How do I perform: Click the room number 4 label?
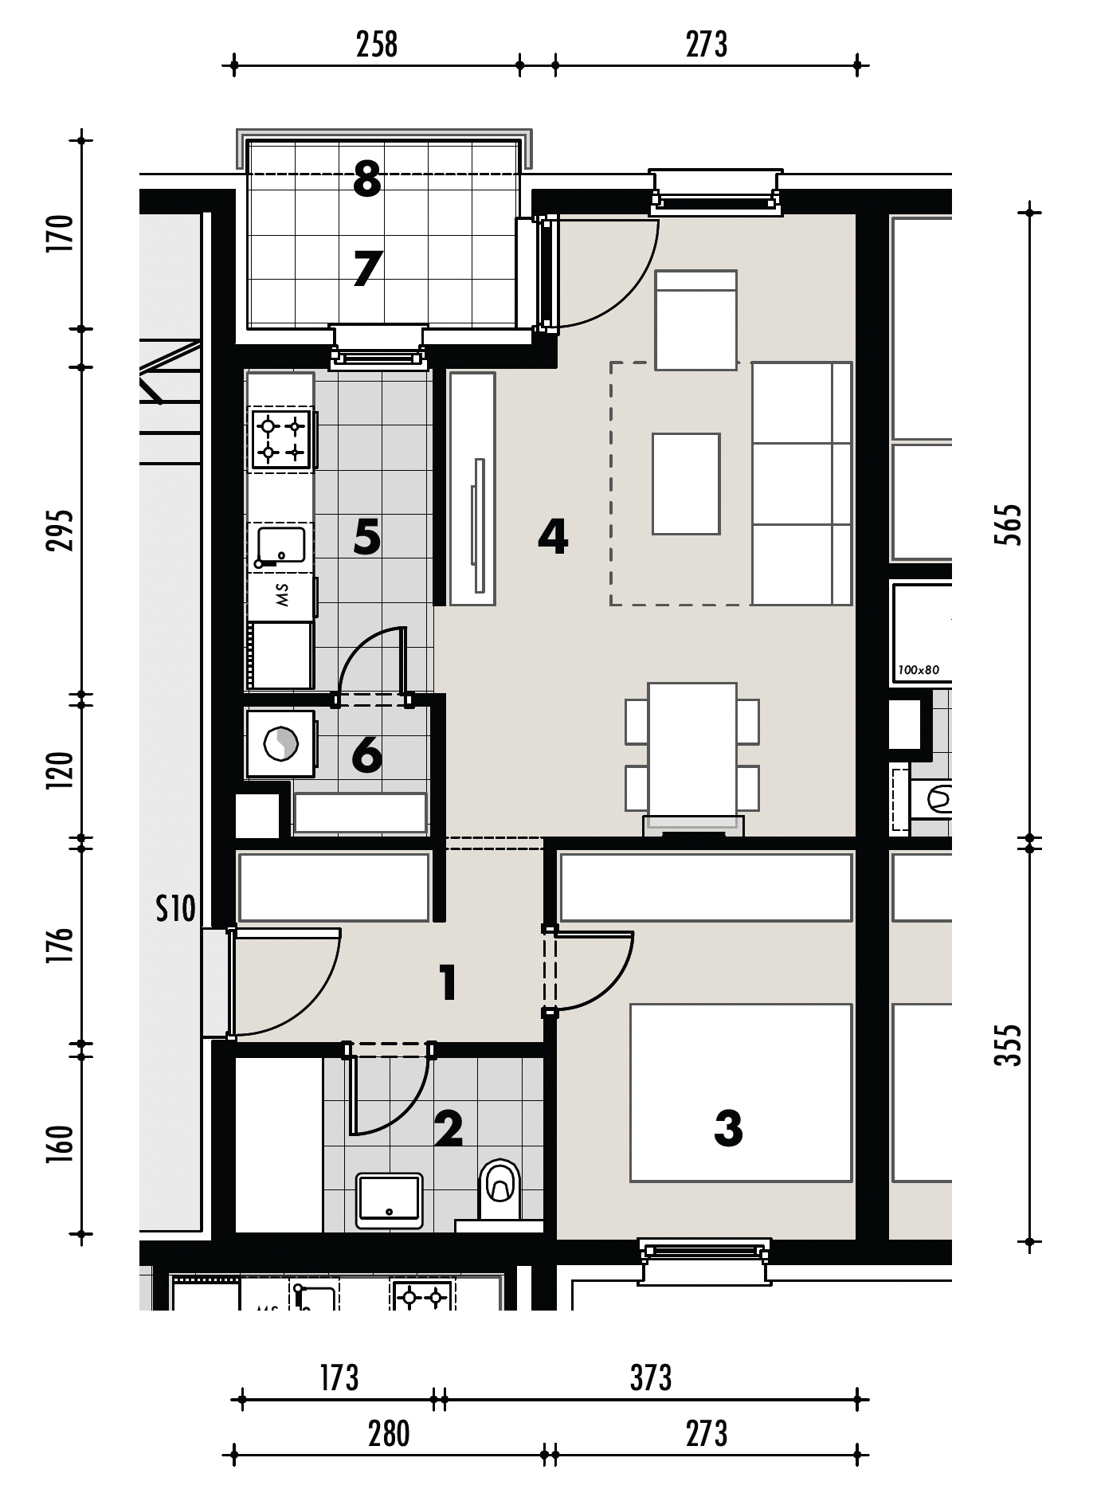553,536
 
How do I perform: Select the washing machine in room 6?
280,744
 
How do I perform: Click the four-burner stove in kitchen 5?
281,439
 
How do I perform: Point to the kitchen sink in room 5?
281,547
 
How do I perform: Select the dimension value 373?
651,1378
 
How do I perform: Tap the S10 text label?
175,908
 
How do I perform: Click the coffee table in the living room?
686,484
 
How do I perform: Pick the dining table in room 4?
691,749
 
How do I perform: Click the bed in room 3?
741,1092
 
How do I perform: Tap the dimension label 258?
376,45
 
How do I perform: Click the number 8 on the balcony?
366,180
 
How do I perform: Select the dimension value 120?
61,770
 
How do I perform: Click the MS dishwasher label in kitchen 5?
281,595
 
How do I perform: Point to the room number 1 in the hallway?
448,982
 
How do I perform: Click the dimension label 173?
339,1378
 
